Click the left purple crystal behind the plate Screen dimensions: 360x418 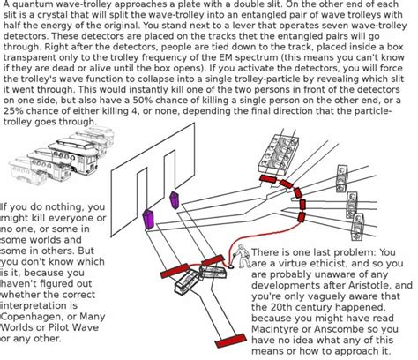pyautogui.click(x=147, y=219)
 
